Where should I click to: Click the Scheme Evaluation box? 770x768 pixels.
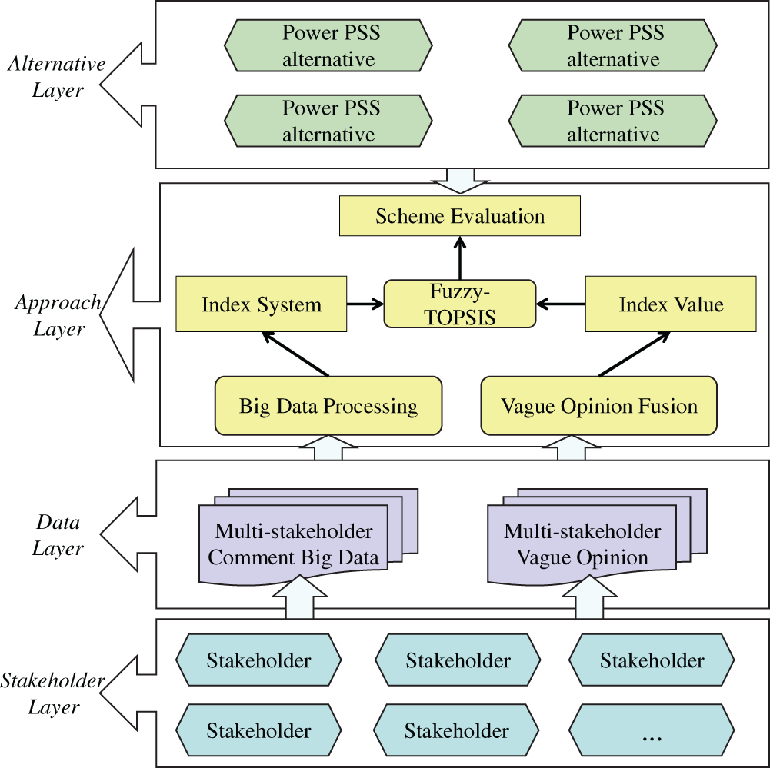tap(460, 216)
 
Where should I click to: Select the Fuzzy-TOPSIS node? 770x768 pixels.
tap(460, 304)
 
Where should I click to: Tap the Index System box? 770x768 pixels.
tap(261, 304)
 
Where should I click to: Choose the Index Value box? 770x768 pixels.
tap(671, 304)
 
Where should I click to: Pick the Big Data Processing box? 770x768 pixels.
tap(328, 405)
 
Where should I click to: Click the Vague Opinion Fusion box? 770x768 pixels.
tap(598, 405)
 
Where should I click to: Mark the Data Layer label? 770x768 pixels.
tap(58, 535)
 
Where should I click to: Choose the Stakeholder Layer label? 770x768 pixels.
tap(53, 693)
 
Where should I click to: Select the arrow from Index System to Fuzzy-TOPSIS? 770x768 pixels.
tap(365, 304)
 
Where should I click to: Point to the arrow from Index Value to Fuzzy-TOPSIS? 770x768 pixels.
tap(560, 304)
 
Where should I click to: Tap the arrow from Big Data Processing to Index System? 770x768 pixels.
tap(295, 354)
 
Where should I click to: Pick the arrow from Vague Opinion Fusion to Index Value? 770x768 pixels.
tap(635, 354)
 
